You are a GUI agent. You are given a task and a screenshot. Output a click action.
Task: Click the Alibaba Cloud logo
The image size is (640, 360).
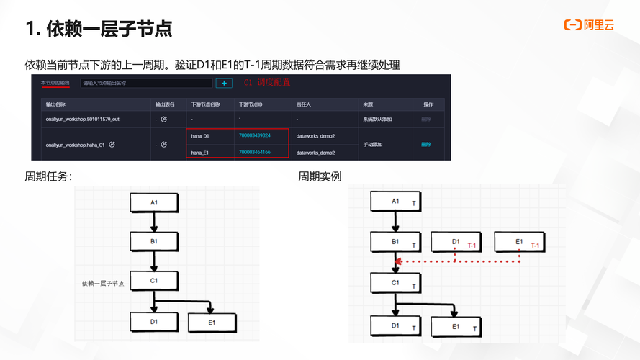(x=588, y=25)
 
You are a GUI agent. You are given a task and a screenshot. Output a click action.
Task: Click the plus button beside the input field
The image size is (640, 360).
(x=223, y=84)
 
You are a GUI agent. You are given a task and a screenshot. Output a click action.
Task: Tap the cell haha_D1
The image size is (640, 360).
(x=199, y=136)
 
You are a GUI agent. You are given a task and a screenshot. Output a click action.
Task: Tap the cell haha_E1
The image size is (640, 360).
(x=199, y=152)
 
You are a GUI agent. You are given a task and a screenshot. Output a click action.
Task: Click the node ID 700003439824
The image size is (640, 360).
(x=254, y=135)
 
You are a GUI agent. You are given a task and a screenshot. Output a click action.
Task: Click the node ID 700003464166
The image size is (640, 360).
(x=254, y=152)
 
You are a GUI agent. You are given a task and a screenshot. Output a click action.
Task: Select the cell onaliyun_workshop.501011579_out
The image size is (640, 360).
(x=82, y=118)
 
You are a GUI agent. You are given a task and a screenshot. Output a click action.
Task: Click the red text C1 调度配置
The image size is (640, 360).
(x=267, y=83)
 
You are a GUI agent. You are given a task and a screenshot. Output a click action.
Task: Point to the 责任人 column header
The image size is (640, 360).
(x=303, y=104)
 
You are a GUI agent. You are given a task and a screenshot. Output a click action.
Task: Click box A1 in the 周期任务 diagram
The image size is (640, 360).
(x=154, y=202)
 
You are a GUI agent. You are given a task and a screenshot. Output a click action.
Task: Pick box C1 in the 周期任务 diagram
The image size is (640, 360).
(x=154, y=281)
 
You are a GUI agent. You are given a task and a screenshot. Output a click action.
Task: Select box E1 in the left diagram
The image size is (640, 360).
(x=211, y=323)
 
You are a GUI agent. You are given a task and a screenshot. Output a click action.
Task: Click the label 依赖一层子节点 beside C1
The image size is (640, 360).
(x=103, y=284)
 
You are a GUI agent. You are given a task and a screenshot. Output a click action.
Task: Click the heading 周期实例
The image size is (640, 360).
(x=320, y=176)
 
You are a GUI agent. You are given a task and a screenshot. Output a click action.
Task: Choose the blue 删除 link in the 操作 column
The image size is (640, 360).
(x=426, y=144)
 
